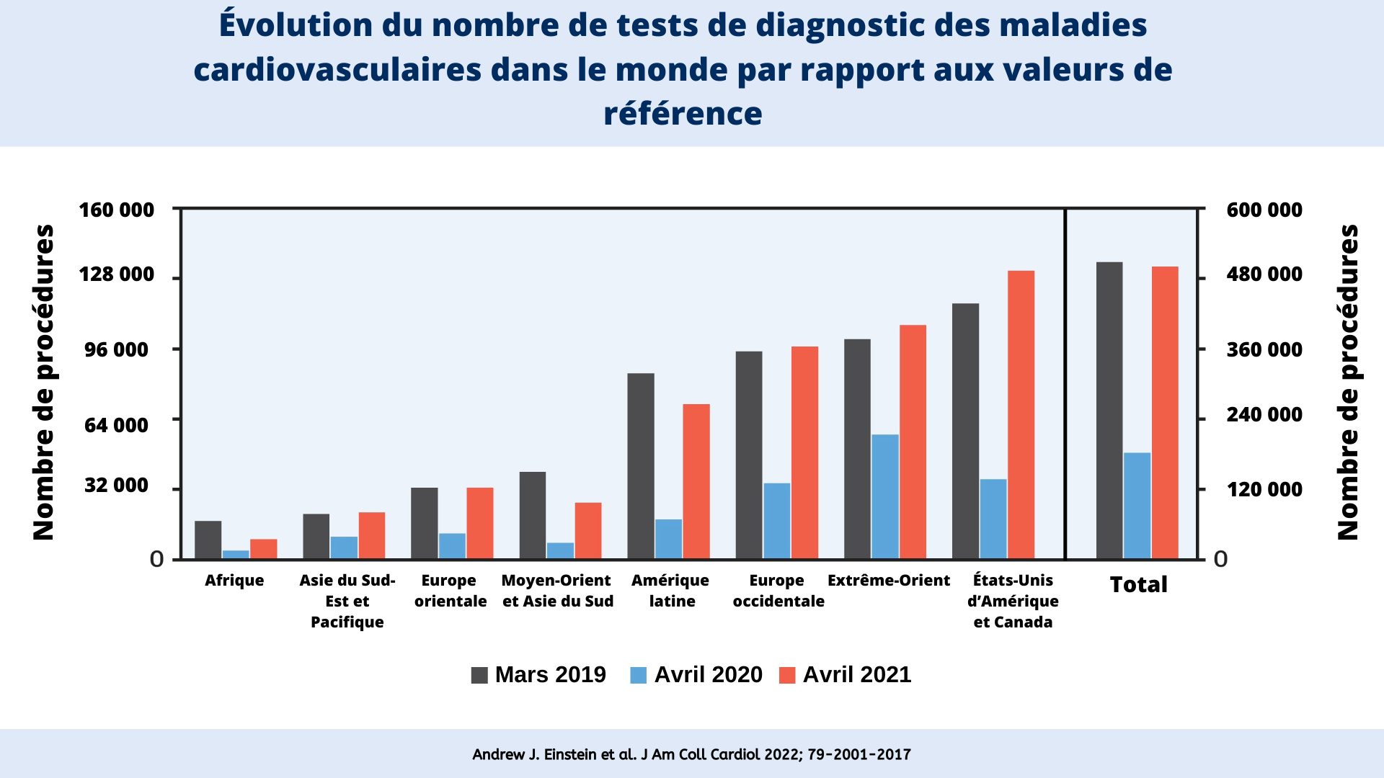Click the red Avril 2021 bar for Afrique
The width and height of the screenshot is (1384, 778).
263,549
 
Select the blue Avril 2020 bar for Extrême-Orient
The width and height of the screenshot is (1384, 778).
884,496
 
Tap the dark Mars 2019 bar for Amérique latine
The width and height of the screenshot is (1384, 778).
640,465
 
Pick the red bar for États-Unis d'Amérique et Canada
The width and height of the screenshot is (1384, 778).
1021,414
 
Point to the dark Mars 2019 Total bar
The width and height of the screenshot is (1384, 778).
1109,410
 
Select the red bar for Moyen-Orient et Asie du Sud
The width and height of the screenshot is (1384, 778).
587,530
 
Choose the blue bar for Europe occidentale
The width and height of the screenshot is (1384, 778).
776,520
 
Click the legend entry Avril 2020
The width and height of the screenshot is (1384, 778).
696,675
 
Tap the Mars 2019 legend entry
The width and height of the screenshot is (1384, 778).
538,675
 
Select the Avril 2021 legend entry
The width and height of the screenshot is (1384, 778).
846,675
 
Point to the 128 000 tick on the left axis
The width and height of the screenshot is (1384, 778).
116,274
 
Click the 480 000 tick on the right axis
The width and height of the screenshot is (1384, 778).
1264,274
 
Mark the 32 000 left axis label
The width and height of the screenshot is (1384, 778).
116,486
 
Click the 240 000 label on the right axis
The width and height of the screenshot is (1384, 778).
1264,415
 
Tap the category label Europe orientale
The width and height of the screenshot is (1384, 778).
450,591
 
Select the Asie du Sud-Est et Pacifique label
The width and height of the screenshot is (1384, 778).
347,601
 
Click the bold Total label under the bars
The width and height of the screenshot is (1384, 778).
1137,584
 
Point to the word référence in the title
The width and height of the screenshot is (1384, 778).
682,114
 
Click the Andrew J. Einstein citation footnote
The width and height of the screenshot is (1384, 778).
691,754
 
